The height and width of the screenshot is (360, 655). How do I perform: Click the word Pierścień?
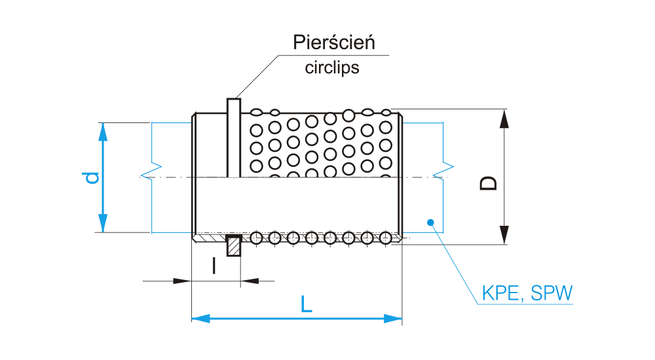(333, 44)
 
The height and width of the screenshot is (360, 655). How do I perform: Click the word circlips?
(332, 67)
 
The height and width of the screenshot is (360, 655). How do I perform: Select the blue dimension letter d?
(94, 177)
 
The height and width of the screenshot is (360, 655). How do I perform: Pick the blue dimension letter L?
(305, 304)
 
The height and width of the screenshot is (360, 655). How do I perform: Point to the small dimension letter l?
(214, 265)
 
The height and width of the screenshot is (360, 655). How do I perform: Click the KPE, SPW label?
(527, 294)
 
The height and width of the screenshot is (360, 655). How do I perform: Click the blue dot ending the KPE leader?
(431, 222)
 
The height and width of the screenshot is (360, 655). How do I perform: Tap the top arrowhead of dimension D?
(504, 118)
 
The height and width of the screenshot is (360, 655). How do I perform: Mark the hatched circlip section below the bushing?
(234, 247)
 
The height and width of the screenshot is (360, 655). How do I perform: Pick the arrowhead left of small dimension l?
(183, 281)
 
